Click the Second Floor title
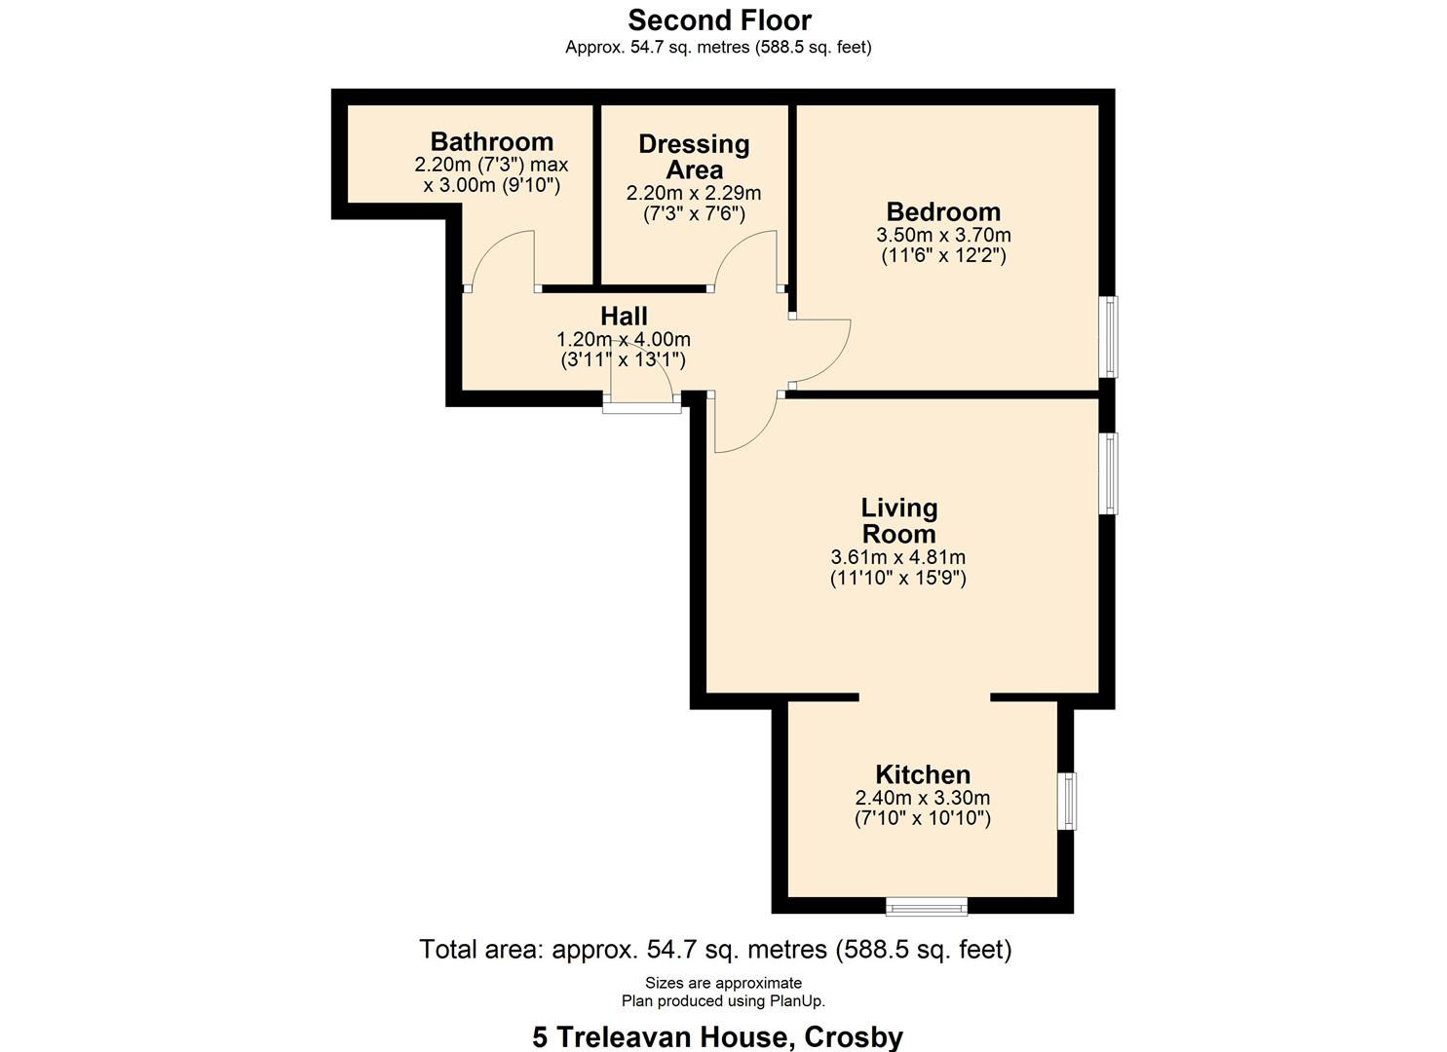719,19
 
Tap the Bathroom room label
491,142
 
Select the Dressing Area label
694,156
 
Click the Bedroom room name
943,211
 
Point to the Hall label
624,316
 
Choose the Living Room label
898,520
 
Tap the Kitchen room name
923,774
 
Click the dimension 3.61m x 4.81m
897,558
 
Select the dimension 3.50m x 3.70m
943,235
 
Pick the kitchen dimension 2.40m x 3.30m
922,798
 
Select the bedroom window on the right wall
1109,336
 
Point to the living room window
1109,472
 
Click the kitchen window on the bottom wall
926,907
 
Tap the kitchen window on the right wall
1068,801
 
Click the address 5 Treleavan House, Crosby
717,1037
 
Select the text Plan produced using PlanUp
723,1001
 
